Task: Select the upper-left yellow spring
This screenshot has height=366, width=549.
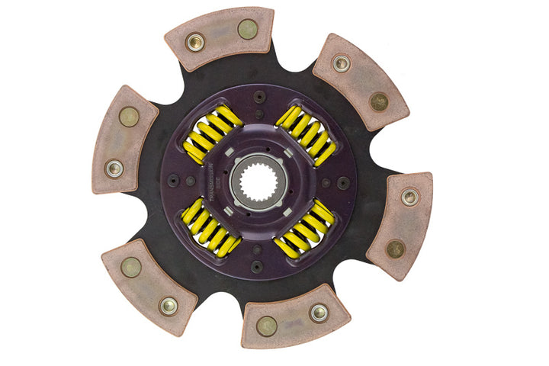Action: [213, 134]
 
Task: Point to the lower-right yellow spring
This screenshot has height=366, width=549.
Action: [305, 229]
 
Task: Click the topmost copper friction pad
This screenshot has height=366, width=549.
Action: [220, 38]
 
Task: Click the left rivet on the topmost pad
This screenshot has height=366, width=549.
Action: [194, 42]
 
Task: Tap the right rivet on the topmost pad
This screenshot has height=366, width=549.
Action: [247, 30]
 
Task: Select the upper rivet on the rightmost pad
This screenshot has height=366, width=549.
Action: [410, 197]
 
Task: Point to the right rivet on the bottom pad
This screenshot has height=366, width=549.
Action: [319, 312]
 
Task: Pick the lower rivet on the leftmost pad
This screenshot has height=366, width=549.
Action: [114, 169]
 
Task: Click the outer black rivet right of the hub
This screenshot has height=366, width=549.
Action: [344, 183]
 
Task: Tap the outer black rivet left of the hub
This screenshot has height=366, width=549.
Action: [172, 180]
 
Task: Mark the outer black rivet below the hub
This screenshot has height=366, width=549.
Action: [256, 268]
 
